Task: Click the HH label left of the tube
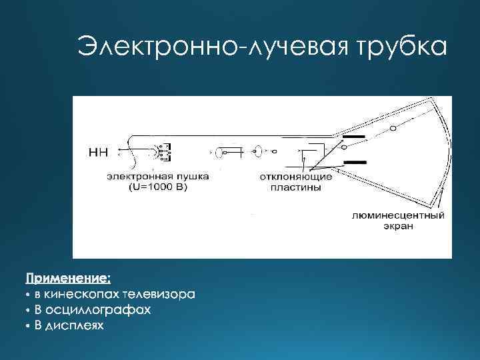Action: tap(99, 151)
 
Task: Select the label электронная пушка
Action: tap(159, 177)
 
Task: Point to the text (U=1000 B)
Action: tap(159, 187)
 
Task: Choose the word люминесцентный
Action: tap(398, 215)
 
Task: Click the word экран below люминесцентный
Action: tap(398, 226)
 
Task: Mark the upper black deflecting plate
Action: tap(354, 137)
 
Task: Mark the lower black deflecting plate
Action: tap(354, 162)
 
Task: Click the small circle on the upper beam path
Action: tap(393, 127)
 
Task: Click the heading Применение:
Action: tap(69, 276)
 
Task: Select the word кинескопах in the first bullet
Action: tap(81, 293)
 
